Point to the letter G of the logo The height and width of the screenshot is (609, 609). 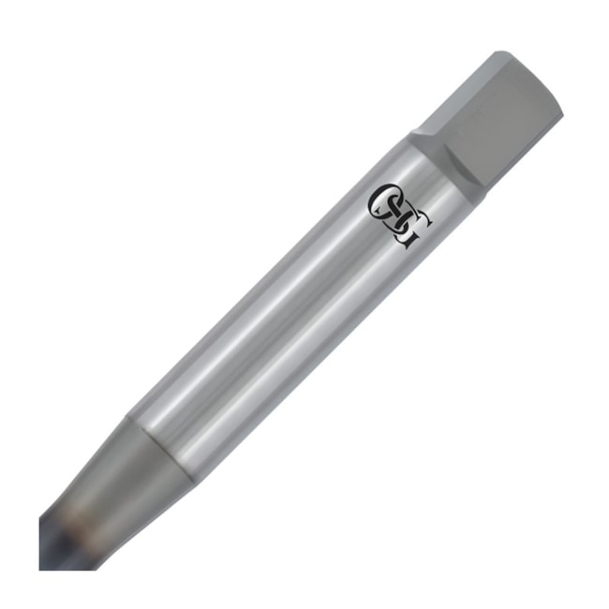pos(413,233)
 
